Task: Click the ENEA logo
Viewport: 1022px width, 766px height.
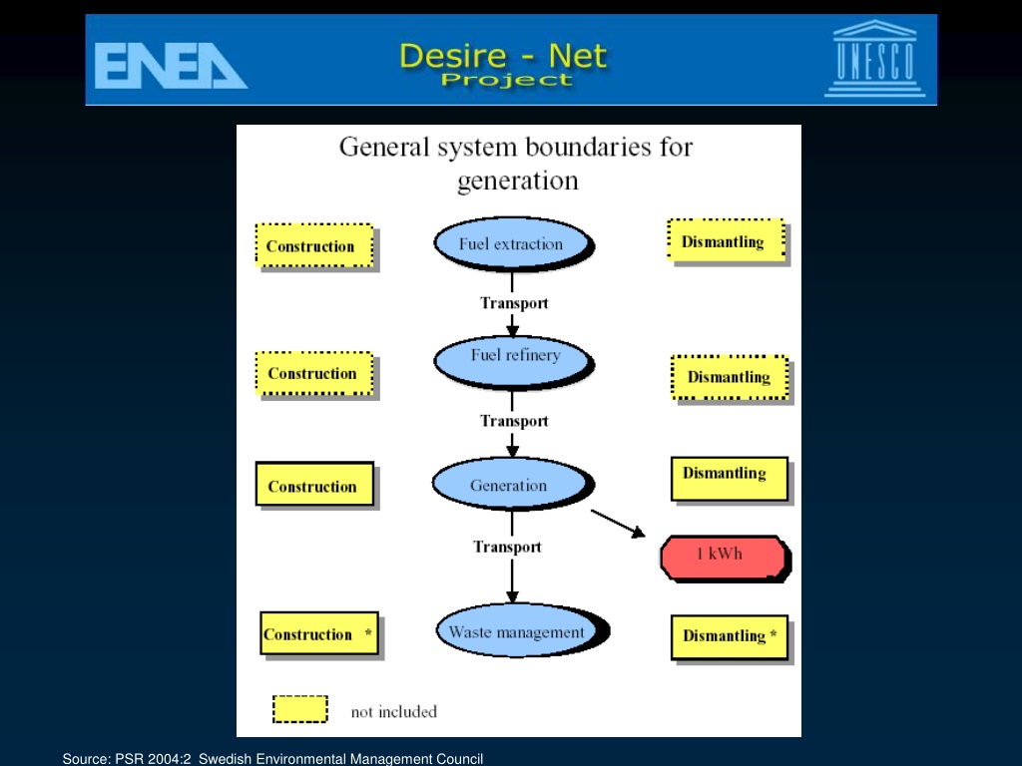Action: pos(171,65)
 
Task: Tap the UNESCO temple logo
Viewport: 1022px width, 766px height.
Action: pos(874,59)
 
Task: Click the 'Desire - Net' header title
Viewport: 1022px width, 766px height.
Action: pos(503,56)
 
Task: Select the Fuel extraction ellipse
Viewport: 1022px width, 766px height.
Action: pos(513,244)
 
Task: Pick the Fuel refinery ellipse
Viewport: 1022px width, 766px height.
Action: pos(514,362)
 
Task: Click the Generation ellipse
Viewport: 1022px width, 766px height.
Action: pos(512,484)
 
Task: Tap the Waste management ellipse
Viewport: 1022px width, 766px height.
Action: pos(521,630)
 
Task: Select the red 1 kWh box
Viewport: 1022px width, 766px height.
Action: pos(726,558)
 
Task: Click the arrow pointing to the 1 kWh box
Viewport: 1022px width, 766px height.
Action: pos(618,524)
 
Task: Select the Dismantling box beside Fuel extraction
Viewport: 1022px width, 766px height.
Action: pos(727,240)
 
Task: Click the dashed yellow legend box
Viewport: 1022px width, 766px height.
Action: pos(300,709)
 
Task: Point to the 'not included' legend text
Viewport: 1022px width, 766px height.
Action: pos(394,712)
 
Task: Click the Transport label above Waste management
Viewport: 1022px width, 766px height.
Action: pos(507,547)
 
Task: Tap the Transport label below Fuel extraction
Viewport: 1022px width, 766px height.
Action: pos(514,303)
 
